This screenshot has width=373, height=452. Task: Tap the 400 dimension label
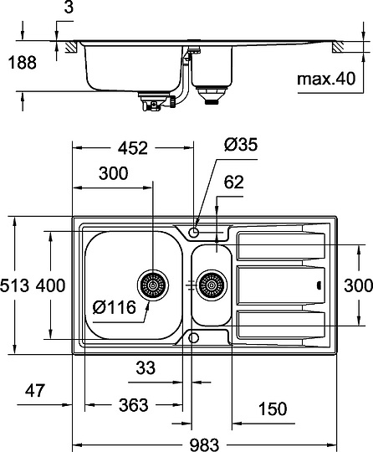[50, 286]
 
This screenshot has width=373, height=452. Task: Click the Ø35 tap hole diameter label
[241, 145]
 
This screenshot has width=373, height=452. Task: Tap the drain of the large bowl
[154, 285]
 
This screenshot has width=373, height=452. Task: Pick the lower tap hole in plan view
[194, 336]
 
